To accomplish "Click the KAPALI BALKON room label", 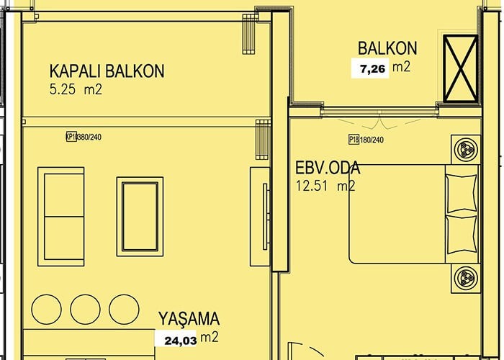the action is click(107, 71).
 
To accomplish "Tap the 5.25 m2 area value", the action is click(76, 89).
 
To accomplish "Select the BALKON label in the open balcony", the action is click(387, 48).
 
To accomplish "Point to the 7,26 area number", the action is click(372, 68).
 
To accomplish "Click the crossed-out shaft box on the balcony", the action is click(460, 68).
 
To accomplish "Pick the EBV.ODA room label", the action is click(328, 168).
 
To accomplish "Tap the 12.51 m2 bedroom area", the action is click(325, 186).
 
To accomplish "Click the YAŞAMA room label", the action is click(189, 318).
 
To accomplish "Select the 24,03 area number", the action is click(180, 341).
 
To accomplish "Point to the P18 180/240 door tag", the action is click(366, 140).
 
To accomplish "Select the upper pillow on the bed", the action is click(462, 193).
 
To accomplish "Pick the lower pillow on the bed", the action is click(462, 235).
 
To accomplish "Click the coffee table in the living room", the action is click(140, 217).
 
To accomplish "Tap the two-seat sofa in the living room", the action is click(61, 217).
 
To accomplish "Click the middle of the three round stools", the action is click(85, 309).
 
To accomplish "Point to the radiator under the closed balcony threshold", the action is click(263, 139).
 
